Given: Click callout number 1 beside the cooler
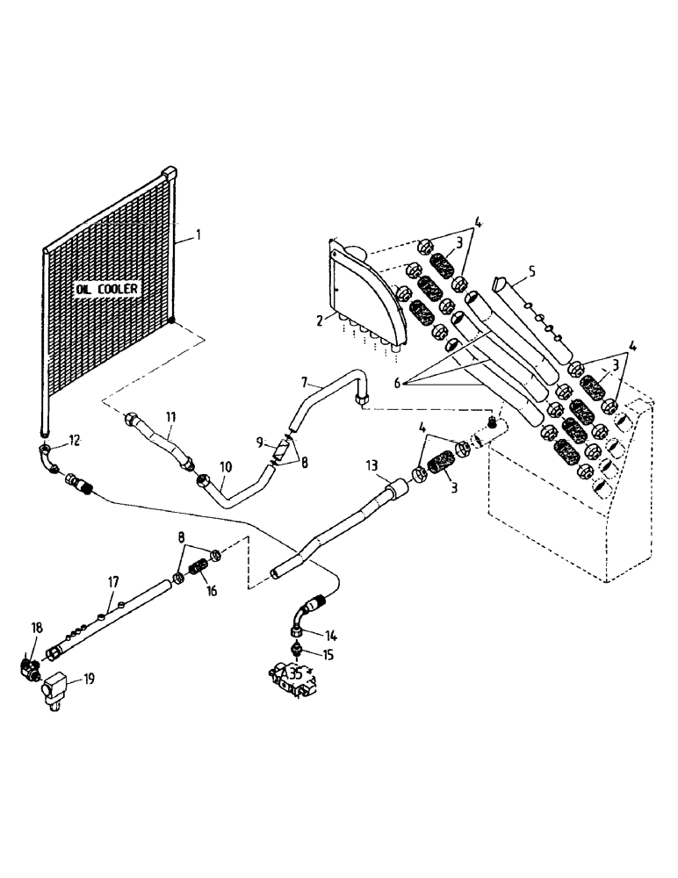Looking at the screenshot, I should point(198,235).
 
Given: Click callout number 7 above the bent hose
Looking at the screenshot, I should point(304,384).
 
